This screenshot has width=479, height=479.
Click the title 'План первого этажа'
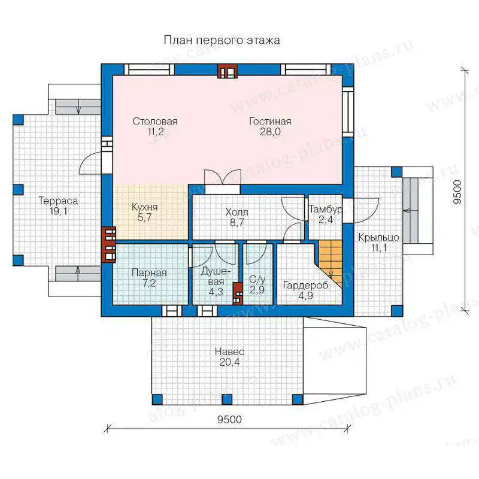222,40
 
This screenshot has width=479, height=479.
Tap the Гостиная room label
270,122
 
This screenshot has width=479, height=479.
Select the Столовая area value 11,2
156,132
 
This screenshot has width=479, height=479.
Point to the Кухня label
144,207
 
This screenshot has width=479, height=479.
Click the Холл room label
237,212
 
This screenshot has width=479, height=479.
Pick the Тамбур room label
325,209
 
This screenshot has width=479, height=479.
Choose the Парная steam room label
149,272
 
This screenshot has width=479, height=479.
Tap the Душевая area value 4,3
216,292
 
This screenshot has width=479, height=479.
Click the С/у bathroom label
257,279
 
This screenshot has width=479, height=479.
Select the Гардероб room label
306,286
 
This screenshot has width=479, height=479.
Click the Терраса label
58,201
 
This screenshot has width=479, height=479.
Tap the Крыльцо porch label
379,237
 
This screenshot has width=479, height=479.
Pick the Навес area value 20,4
229,362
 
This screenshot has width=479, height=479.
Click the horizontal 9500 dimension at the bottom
229,420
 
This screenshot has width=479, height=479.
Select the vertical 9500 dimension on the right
457,192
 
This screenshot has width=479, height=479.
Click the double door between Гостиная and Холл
223,181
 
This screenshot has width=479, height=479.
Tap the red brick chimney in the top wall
228,71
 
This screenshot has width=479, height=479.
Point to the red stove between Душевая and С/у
238,293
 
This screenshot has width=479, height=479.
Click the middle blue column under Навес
227,399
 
